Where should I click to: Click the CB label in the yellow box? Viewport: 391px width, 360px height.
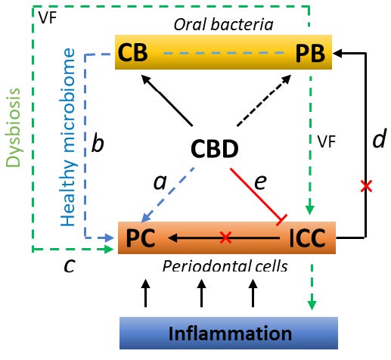132,53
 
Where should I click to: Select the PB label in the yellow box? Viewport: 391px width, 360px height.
310,54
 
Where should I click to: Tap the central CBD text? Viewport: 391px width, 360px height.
215,149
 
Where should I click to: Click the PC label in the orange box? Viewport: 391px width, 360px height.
141,238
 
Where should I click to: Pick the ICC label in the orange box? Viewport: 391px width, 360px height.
307,238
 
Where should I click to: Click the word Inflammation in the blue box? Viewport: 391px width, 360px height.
230,334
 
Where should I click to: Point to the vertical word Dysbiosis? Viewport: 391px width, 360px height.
13,127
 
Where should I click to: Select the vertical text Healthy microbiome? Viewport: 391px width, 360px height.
68,138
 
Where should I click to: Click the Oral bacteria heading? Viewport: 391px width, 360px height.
223,25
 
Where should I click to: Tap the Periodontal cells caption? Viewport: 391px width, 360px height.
225,266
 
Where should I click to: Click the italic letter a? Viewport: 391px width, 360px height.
160,182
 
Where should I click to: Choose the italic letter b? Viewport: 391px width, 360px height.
98,143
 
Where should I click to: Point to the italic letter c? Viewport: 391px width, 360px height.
70,266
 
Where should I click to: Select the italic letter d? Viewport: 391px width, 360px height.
379,138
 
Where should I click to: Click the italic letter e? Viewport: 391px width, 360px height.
260,182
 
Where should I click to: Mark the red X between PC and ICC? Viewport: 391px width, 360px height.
225,237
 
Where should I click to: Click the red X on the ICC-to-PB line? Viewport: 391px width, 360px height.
366,186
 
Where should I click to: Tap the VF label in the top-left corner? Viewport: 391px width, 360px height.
48,17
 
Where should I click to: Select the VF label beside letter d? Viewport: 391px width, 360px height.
327,141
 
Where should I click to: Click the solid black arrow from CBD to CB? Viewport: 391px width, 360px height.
166,100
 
